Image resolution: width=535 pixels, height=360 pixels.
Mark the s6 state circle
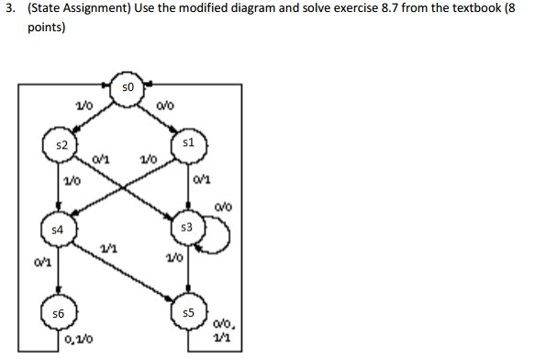pyautogui.click(x=57, y=314)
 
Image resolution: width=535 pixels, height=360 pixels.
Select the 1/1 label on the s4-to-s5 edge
pyautogui.click(x=106, y=250)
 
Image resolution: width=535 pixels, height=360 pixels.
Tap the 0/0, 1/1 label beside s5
pyautogui.click(x=224, y=329)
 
